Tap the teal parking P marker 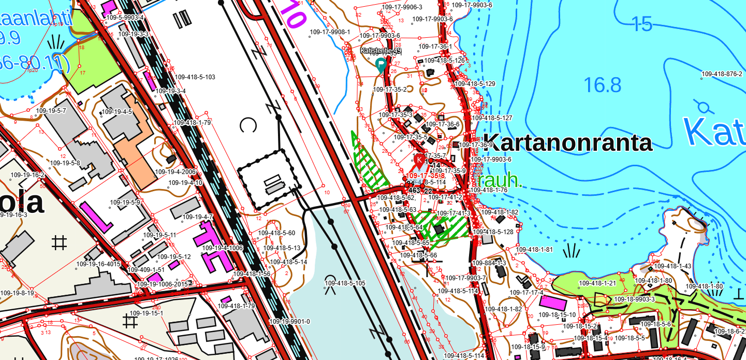tap(381, 65)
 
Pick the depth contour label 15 tap(642, 23)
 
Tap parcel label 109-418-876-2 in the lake tap(722, 74)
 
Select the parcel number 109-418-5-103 tap(195, 77)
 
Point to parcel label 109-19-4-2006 tap(175, 171)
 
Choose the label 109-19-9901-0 tap(289, 322)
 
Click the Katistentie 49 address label tap(381, 51)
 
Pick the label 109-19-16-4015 tap(98, 264)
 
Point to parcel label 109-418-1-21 tap(597, 283)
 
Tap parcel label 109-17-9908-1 tap(330, 32)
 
